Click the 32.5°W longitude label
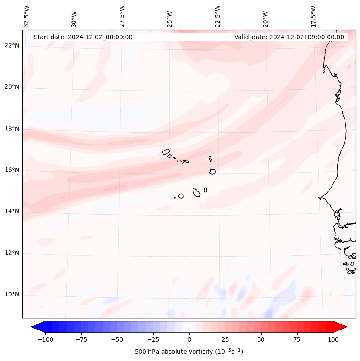(27, 16)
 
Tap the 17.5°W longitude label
(313, 16)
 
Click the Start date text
(83, 37)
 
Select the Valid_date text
(289, 37)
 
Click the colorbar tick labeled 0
(189, 339)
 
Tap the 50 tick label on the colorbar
(261, 339)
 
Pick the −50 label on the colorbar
(117, 339)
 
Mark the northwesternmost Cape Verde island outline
(166, 151)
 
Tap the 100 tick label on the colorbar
(333, 339)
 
